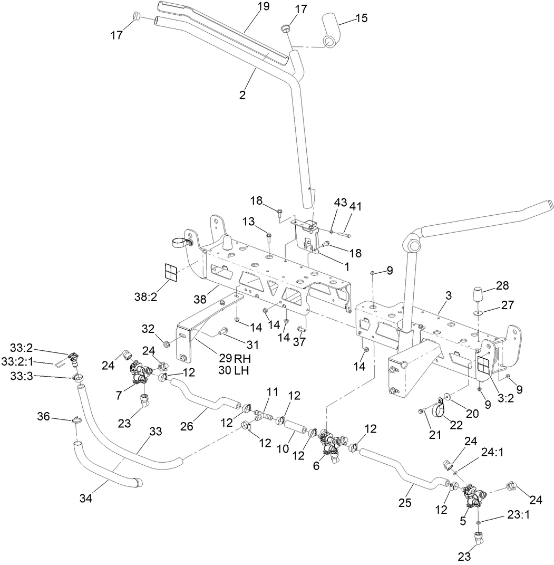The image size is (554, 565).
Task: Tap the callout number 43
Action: pos(341,202)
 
